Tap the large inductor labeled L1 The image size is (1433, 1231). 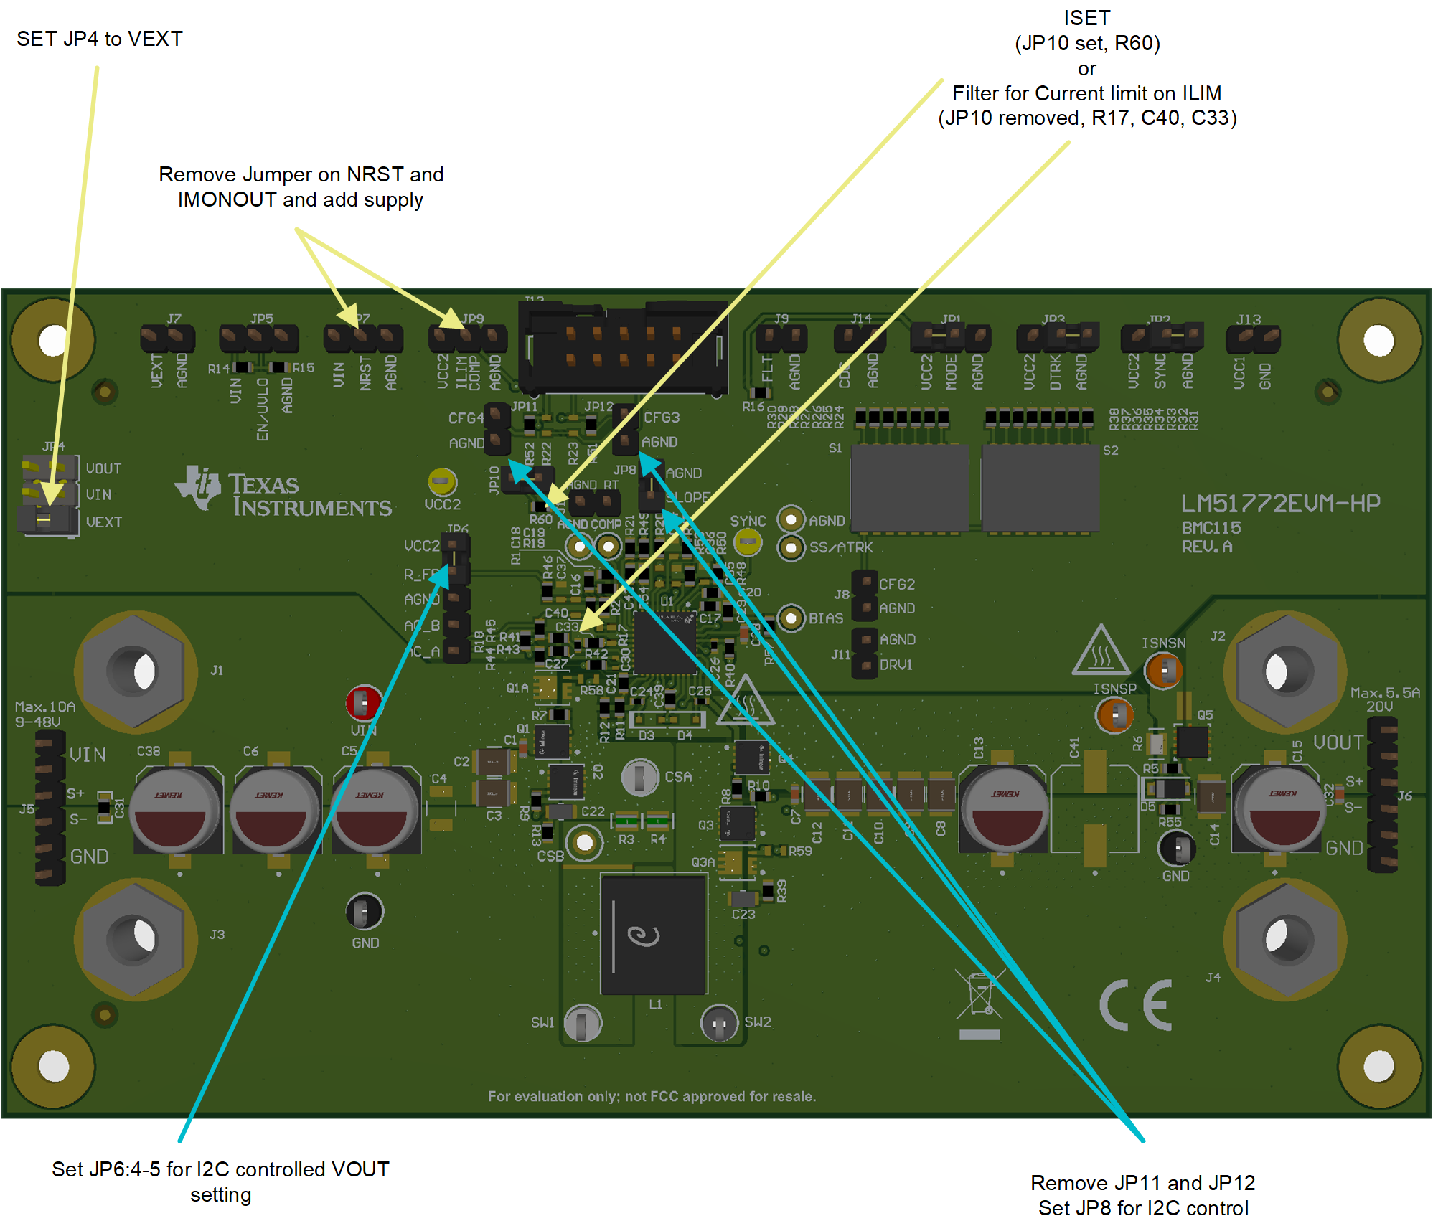pos(654,935)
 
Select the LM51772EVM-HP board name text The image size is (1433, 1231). pos(1280,504)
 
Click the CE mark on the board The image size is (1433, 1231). pos(1136,1005)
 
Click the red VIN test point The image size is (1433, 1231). pos(364,703)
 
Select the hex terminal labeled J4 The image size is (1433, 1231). pos(1284,938)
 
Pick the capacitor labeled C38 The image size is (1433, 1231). pos(176,809)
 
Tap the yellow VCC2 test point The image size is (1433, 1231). pos(442,482)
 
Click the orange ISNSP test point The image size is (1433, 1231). pos(1114,715)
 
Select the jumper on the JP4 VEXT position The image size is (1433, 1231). pos(47,520)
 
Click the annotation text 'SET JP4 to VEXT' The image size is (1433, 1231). pos(100,39)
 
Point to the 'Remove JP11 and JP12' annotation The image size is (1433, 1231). pos(1142,1182)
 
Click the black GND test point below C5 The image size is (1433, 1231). pos(365,912)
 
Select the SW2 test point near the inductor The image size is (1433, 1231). pos(718,1022)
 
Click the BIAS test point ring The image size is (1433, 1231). pos(790,618)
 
